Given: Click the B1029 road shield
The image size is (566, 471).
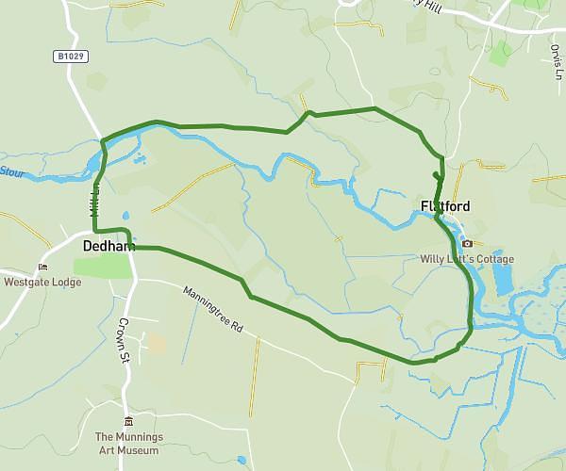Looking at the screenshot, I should [70, 57].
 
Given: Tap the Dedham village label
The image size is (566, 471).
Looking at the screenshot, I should [108, 247].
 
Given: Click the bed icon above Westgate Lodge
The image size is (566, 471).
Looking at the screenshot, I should [40, 267].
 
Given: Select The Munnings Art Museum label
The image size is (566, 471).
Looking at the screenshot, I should [129, 444].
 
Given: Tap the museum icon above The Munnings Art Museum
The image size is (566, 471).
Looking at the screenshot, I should [129, 421].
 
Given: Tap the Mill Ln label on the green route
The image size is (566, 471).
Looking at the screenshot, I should [95, 201].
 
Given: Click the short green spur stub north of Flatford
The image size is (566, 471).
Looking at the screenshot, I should [437, 174].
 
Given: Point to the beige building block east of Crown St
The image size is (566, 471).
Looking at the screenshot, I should [156, 343].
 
